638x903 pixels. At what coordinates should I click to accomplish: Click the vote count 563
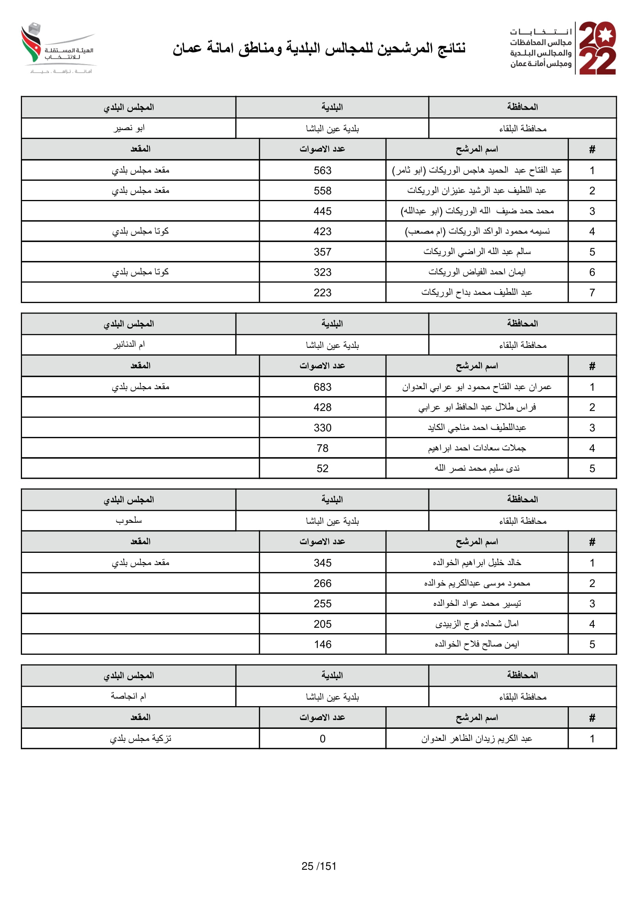point(322,170)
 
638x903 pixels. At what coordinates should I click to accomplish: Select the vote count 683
point(322,387)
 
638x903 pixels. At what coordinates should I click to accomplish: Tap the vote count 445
point(322,211)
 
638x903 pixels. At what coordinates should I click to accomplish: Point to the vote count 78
point(322,448)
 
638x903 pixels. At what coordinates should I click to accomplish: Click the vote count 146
point(322,644)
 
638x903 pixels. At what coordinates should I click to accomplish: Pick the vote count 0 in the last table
point(322,739)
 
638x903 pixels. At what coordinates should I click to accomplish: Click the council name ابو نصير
point(129,128)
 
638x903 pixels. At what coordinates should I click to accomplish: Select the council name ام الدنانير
point(129,344)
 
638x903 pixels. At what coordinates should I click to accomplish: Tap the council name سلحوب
point(129,520)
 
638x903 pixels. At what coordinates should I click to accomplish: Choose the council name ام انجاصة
point(129,696)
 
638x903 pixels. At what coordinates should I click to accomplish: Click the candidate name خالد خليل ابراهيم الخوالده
point(477,563)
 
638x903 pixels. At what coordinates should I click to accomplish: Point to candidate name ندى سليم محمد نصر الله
point(477,468)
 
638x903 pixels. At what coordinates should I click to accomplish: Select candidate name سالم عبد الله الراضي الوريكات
point(477,252)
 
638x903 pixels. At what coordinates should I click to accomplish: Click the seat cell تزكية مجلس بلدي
point(140,739)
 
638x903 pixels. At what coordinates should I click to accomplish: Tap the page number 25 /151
point(319,866)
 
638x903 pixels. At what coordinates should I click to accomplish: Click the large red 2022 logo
point(597,48)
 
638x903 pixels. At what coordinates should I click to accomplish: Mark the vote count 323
point(322,272)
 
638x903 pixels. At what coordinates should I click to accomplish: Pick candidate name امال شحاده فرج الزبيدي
point(477,624)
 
